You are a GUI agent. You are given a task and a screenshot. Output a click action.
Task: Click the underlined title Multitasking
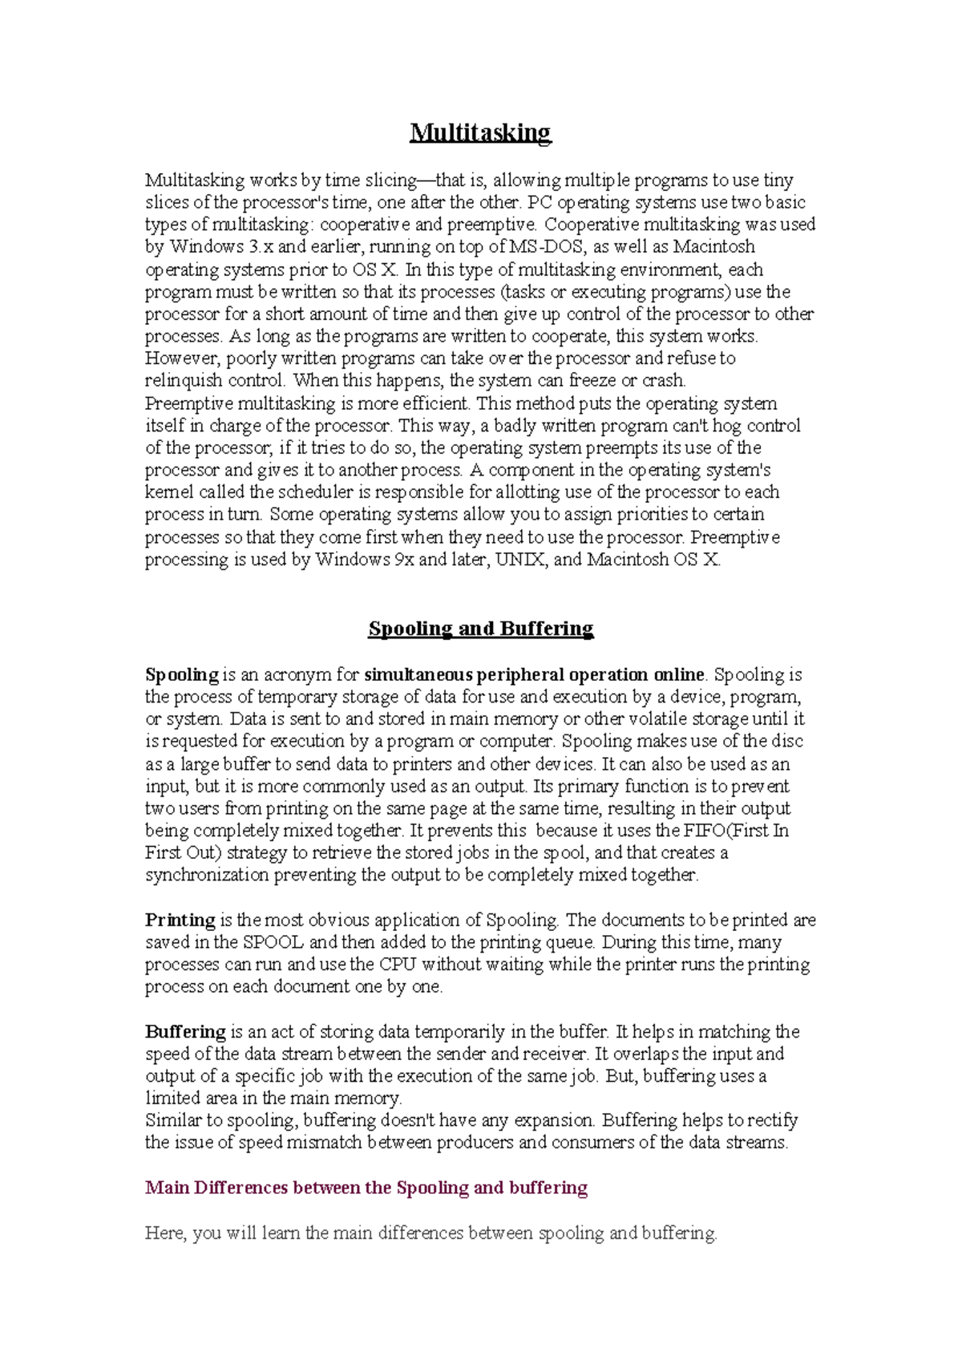point(480,132)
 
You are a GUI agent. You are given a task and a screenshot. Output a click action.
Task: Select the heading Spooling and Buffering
point(480,629)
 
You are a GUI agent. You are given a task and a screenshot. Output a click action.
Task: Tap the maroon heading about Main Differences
point(366,1188)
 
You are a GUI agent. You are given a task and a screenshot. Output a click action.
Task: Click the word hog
point(727,426)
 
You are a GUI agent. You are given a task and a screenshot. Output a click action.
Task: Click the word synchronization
point(207,875)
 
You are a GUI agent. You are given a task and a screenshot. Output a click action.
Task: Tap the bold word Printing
point(180,921)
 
